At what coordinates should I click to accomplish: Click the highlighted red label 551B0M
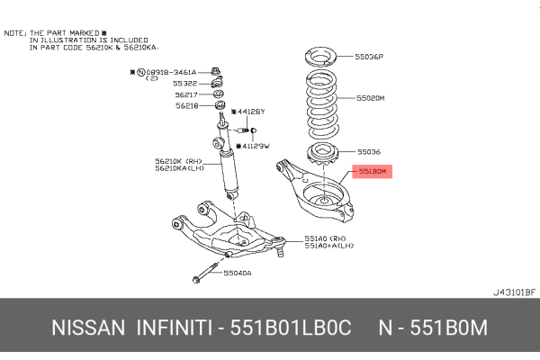[372, 170]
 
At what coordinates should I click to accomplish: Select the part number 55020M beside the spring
[371, 98]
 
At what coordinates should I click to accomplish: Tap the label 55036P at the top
[371, 56]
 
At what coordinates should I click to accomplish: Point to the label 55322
[186, 84]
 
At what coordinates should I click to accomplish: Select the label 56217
[186, 94]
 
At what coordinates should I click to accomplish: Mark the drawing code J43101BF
[513, 292]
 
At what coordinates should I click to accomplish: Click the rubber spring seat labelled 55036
[318, 152]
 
